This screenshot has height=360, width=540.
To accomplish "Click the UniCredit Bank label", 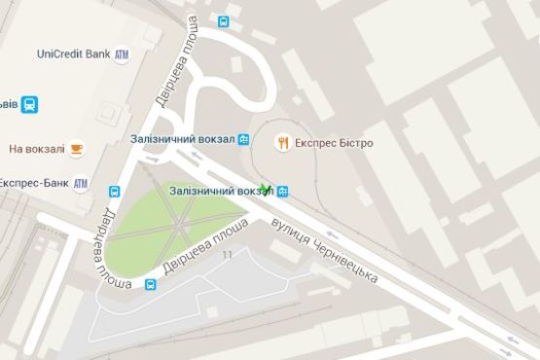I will pyautogui.click(x=73, y=54).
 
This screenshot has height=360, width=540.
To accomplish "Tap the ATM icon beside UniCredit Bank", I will pyautogui.click(x=122, y=54).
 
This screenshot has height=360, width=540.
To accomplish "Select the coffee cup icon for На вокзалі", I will pyautogui.click(x=77, y=148).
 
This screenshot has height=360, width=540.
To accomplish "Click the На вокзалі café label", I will pyautogui.click(x=37, y=149).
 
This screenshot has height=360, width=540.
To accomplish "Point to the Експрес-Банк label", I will pyautogui.click(x=32, y=182).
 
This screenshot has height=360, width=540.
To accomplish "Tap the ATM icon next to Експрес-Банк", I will pyautogui.click(x=80, y=183).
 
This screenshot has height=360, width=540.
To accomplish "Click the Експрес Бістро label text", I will pyautogui.click(x=332, y=143).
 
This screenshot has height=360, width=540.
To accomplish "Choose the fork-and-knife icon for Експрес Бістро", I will pyautogui.click(x=282, y=143).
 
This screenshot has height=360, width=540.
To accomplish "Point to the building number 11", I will pyautogui.click(x=228, y=255).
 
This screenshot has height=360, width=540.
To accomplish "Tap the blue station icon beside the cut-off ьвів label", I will pyautogui.click(x=30, y=104).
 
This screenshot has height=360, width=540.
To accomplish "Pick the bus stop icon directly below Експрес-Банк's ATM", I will pyautogui.click(x=115, y=192).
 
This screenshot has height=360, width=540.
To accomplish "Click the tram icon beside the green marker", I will pyautogui.click(x=282, y=191).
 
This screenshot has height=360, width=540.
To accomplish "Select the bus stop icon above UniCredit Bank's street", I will pyautogui.click(x=224, y=20).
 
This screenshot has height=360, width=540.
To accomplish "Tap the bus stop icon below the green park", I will pyautogui.click(x=151, y=284).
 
